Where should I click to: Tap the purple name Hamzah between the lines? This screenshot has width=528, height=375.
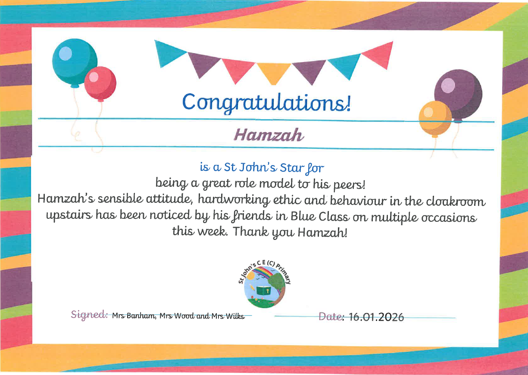[x=269, y=135]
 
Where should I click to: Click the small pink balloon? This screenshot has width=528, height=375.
[x=100, y=84]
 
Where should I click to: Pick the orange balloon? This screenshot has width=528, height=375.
[x=435, y=119]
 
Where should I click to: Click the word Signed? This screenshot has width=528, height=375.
[x=89, y=315]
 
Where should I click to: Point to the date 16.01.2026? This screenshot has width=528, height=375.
[x=376, y=317]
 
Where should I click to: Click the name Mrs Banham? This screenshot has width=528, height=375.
[x=134, y=316]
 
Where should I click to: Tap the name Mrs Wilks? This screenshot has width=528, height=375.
[x=228, y=316]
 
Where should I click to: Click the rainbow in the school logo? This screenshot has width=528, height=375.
[x=264, y=272]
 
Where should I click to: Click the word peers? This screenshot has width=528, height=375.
[x=349, y=185]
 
